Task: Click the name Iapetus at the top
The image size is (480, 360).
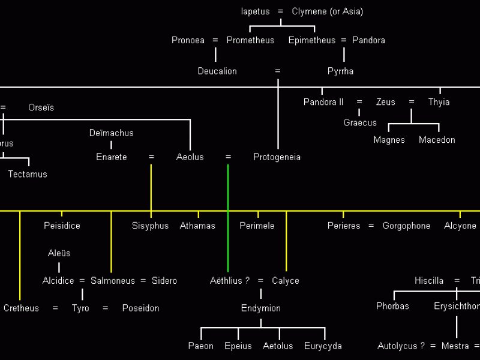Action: click(255, 11)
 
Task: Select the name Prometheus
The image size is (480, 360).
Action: click(250, 40)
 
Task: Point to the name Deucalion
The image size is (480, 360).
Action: click(217, 71)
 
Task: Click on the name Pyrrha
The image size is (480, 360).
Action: click(340, 71)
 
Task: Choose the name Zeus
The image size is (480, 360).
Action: click(386, 102)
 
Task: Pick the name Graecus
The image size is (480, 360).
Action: click(360, 122)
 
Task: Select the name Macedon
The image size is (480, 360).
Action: click(437, 140)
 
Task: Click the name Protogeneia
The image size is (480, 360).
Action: click(277, 157)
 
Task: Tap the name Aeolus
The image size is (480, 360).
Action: click(190, 157)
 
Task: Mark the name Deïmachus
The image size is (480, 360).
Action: click(111, 133)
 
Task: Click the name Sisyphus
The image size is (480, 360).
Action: click(150, 226)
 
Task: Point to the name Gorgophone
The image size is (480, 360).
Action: click(406, 226)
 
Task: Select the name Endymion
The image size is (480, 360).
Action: click(260, 308)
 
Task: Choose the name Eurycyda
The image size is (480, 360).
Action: click(323, 346)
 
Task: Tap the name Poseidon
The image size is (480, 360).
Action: click(140, 308)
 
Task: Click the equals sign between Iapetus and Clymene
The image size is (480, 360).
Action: click(280, 11)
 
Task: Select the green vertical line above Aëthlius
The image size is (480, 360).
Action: click(228, 240)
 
